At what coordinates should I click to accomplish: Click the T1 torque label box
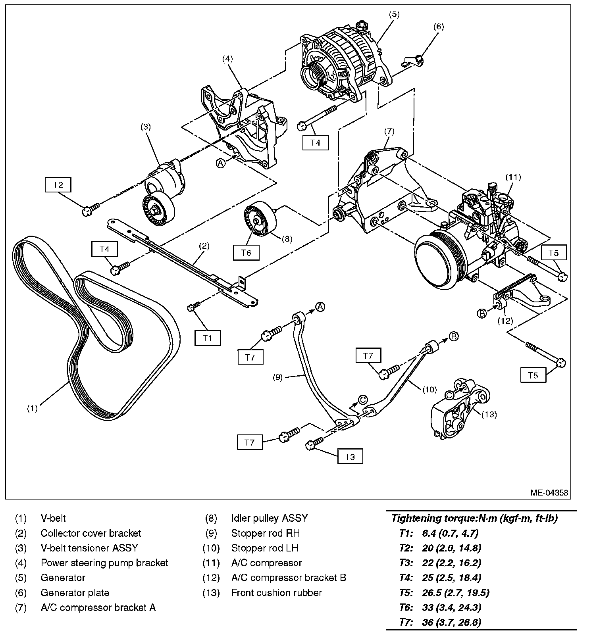click(207, 338)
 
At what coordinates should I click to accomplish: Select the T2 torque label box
click(58, 185)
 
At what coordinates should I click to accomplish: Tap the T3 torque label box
click(350, 457)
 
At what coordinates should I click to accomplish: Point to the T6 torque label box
click(246, 252)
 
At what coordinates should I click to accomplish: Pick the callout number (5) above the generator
click(394, 15)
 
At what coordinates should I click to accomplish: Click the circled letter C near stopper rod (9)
click(363, 400)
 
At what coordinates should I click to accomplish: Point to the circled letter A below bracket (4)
click(221, 163)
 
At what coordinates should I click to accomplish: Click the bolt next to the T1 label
click(193, 306)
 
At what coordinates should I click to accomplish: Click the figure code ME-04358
click(549, 493)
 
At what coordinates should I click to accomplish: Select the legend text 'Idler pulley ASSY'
click(270, 518)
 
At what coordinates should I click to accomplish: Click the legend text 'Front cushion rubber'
click(276, 593)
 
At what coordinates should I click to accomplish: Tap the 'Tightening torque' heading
click(474, 518)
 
